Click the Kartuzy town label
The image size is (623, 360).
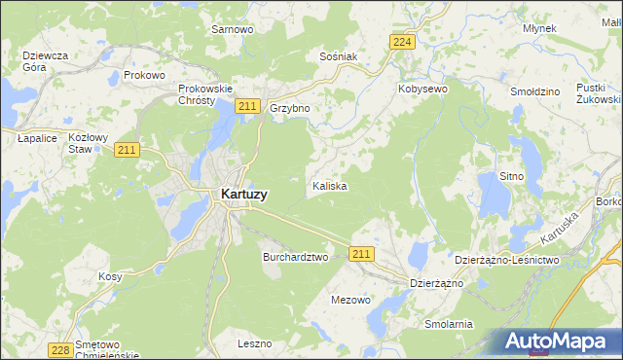click(238, 195)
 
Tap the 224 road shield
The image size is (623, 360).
click(402, 41)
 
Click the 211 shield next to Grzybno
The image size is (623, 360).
click(248, 106)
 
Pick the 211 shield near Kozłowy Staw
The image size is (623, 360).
click(127, 149)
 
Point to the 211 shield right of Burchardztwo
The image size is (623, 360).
click(361, 254)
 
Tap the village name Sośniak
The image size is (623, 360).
click(339, 56)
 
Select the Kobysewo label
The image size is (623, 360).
click(421, 89)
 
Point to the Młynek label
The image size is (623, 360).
click(538, 28)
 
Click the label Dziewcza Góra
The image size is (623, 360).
click(45, 61)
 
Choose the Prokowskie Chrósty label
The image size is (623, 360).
click(202, 94)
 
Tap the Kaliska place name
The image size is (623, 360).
click(329, 185)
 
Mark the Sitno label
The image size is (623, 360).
click(511, 176)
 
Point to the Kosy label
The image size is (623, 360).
click(110, 276)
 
